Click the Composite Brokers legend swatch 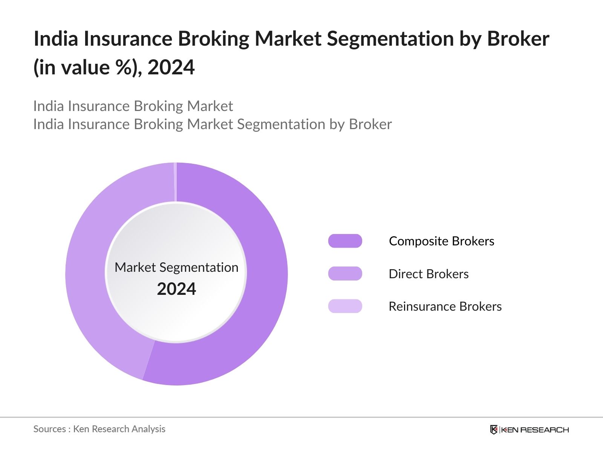click(345, 241)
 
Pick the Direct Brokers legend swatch click(345, 274)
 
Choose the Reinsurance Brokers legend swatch click(345, 306)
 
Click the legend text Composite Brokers click(441, 241)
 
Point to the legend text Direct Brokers click(429, 274)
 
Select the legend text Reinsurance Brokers click(445, 306)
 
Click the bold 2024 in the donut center click(176, 289)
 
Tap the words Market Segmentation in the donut click(176, 267)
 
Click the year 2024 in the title click(171, 68)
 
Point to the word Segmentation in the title click(390, 39)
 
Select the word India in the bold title click(56, 39)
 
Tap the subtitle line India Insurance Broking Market click(133, 106)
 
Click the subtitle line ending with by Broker click(213, 124)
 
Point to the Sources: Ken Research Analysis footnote click(99, 429)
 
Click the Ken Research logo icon click(494, 430)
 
